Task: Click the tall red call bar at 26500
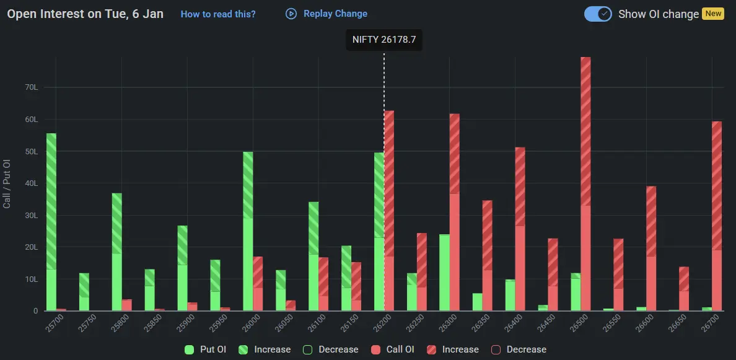[x=585, y=186]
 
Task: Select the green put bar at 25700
[x=51, y=223]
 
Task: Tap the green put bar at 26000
[x=248, y=232]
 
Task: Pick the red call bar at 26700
[x=717, y=217]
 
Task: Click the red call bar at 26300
[x=455, y=214]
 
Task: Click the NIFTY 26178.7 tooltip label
[x=384, y=40]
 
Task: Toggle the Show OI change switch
[x=598, y=14]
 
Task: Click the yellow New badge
[x=713, y=14]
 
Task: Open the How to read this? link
[x=218, y=14]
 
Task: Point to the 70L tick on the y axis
[x=32, y=87]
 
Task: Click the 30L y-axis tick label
[x=32, y=216]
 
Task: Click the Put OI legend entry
[x=207, y=349]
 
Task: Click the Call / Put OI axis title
[x=7, y=183]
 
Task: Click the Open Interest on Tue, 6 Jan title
[x=85, y=14]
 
